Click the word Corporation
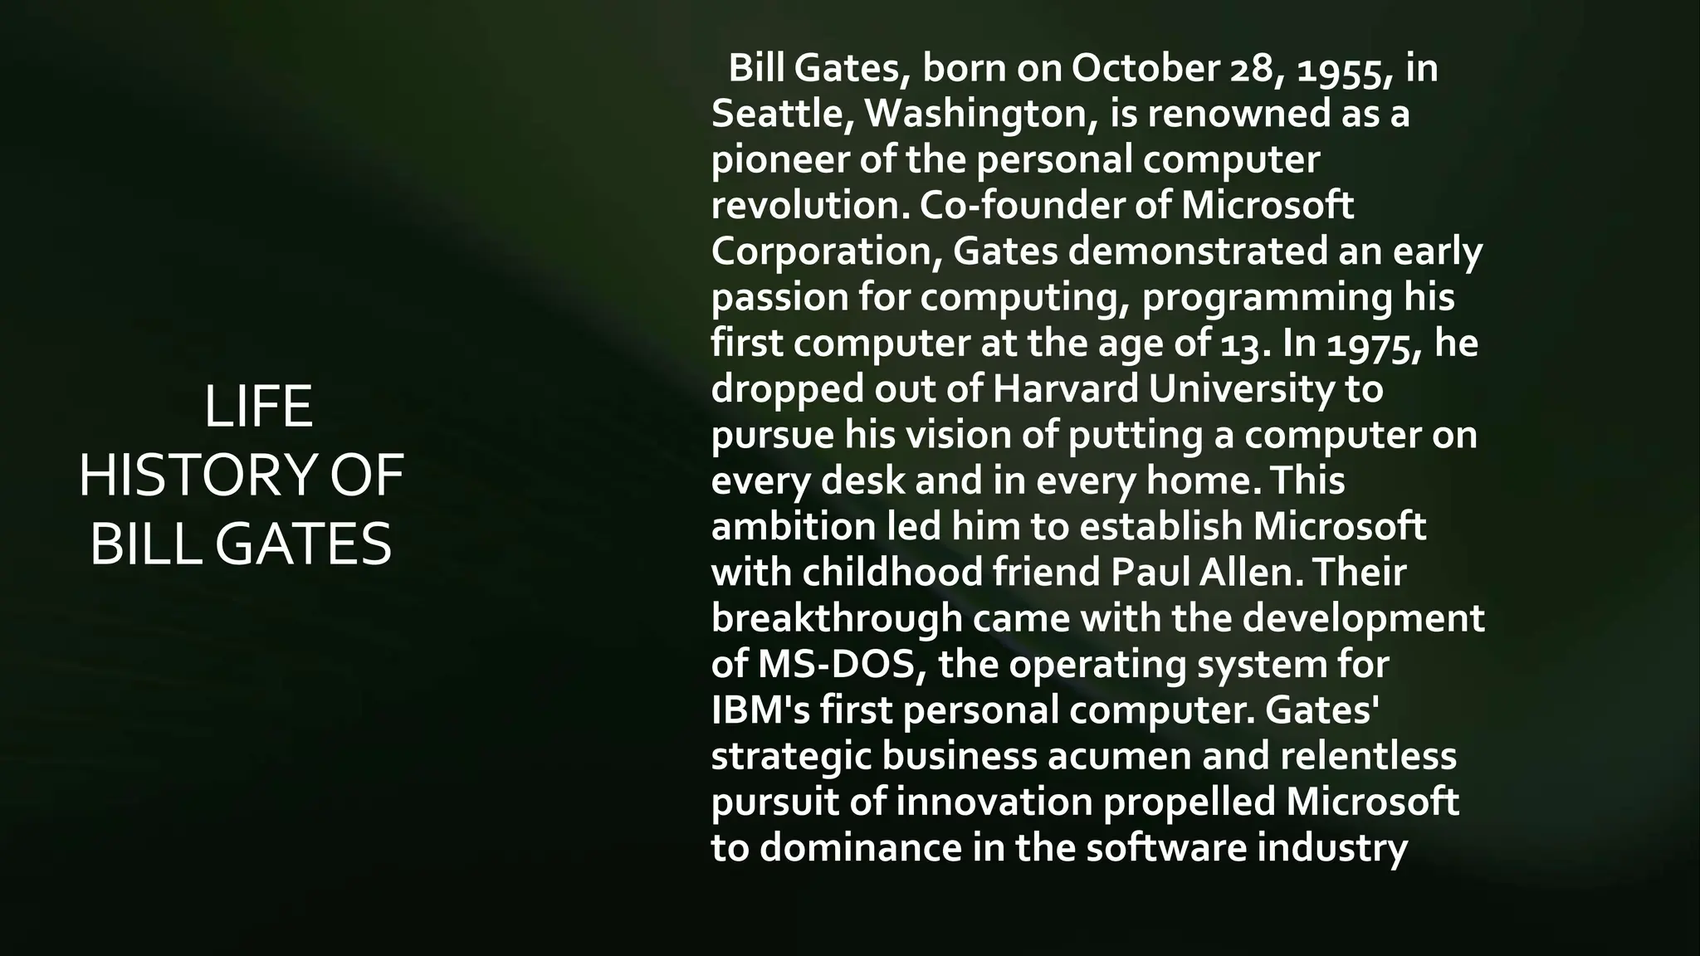click(825, 251)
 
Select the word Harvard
click(1065, 388)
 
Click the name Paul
click(1147, 572)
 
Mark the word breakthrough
click(836, 618)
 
